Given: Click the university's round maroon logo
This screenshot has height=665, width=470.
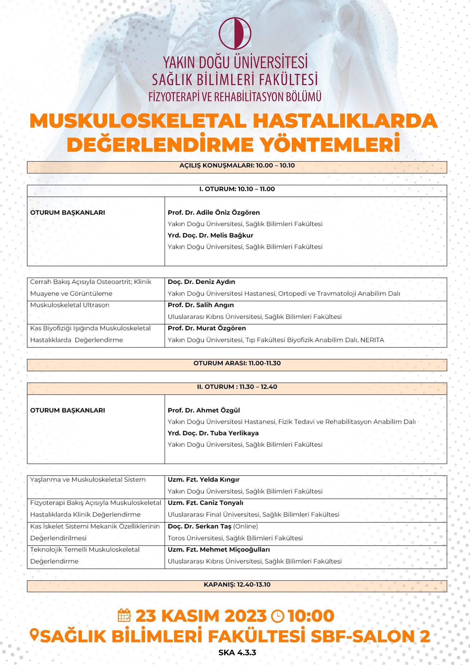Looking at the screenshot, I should [x=235, y=33].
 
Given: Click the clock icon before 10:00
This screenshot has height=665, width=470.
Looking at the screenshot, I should [x=278, y=616].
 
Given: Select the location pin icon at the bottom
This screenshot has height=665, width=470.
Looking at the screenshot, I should [x=34, y=635].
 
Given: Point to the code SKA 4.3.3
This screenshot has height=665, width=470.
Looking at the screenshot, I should [x=237, y=653].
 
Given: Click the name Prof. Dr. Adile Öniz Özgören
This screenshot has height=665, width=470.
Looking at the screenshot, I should [x=214, y=212].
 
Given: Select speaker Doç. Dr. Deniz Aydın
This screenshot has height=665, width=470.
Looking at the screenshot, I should [x=201, y=282].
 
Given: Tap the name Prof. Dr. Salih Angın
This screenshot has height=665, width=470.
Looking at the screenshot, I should [x=200, y=305].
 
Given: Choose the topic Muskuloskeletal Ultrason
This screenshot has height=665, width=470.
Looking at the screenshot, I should [x=70, y=305].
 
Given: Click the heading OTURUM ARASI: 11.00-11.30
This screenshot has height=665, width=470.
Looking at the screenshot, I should [x=237, y=363].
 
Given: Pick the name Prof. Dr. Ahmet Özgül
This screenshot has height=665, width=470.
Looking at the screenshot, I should [x=203, y=410].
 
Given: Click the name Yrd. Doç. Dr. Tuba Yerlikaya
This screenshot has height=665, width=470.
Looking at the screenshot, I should [x=213, y=433].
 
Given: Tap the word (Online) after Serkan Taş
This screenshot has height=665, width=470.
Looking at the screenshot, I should [x=246, y=526].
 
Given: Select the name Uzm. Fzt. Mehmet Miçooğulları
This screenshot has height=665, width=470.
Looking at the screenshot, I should [x=219, y=550].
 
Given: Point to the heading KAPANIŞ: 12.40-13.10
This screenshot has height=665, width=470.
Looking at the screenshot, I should [x=237, y=585].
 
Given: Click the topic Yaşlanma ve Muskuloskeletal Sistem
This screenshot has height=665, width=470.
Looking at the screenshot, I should [x=88, y=479].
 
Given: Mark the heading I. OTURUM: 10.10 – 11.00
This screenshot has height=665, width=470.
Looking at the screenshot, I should [x=237, y=189].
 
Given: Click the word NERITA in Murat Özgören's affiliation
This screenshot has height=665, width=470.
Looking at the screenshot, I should [x=372, y=340].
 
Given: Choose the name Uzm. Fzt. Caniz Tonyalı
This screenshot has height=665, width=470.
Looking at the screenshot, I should [x=205, y=503].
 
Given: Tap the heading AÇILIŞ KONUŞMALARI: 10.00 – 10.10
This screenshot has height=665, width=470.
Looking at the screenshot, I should [x=237, y=165].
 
